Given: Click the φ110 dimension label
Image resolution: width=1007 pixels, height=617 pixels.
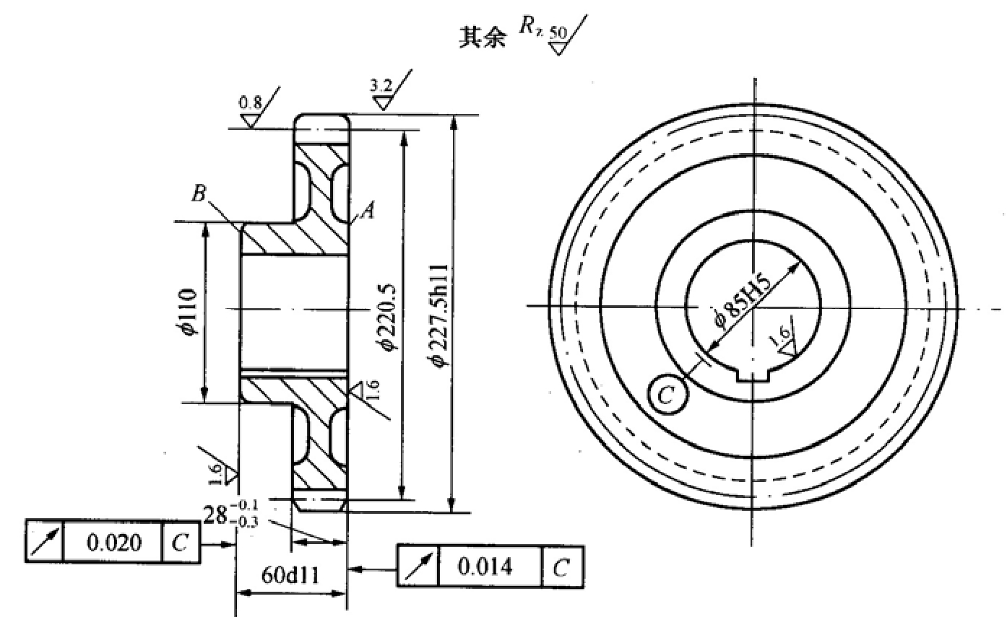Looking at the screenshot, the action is click(x=186, y=312).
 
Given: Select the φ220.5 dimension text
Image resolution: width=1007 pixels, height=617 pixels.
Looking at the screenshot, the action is click(x=386, y=317).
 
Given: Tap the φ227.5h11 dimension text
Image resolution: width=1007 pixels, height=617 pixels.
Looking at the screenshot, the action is click(x=438, y=315).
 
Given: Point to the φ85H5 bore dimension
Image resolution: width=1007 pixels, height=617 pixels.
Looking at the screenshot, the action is click(x=742, y=300).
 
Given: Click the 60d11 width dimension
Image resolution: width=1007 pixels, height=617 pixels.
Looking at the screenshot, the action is click(x=290, y=575).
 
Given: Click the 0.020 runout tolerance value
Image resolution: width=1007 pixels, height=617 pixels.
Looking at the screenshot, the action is click(x=113, y=543).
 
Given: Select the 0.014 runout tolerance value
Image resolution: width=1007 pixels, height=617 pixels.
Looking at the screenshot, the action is click(x=485, y=566).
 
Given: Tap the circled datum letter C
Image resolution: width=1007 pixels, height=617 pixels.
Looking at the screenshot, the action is click(x=667, y=395).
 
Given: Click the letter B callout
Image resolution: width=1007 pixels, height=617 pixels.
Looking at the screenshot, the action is click(x=199, y=193).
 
